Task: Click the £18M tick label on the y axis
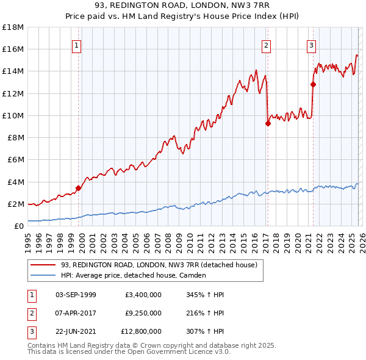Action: (13, 27)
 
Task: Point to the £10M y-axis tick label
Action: (13, 115)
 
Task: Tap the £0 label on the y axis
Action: (18, 226)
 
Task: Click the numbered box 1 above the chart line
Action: (77, 45)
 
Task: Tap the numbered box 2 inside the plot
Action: (267, 45)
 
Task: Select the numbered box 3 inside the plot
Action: (311, 45)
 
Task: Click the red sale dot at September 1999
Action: (78, 188)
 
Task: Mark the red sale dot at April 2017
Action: (268, 124)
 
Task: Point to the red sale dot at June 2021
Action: (313, 85)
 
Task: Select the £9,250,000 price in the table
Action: (143, 313)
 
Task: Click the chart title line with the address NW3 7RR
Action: (183, 7)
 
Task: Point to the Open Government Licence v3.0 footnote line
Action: (129, 351)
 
